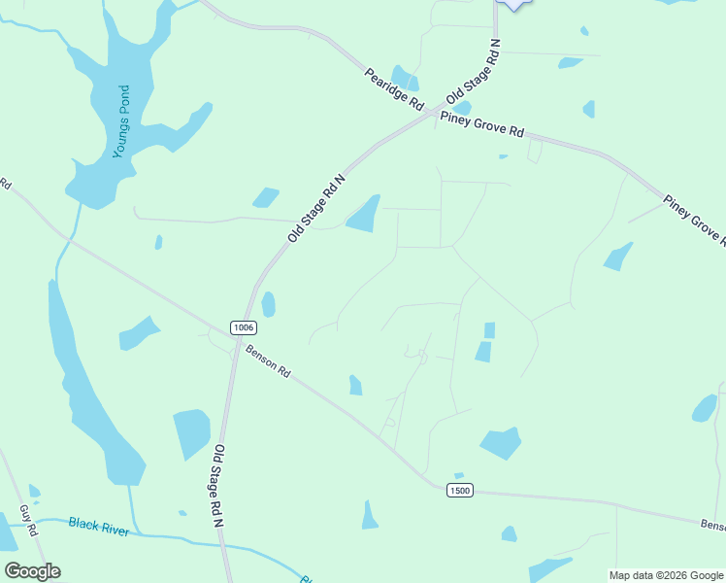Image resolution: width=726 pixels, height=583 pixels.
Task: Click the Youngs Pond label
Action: [x=120, y=121]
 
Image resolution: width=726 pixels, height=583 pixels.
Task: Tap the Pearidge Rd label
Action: [x=394, y=87]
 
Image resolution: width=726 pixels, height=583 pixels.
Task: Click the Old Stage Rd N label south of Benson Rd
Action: [x=219, y=485]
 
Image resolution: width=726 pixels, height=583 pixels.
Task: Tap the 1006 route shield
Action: [x=244, y=327]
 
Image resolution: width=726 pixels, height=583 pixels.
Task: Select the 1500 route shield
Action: [x=460, y=490]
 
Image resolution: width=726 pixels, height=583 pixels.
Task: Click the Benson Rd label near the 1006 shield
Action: [x=268, y=361]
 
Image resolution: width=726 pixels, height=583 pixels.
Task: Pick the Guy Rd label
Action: [x=28, y=521]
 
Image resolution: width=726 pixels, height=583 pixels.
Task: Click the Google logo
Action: [x=32, y=571]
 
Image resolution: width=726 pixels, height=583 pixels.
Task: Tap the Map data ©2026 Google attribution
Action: [x=666, y=575]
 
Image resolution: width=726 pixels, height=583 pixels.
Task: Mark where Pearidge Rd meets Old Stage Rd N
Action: [x=432, y=114]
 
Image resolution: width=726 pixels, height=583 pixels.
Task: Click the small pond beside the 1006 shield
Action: [x=268, y=304]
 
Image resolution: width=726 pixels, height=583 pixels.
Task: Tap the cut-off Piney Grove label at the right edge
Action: [x=693, y=219]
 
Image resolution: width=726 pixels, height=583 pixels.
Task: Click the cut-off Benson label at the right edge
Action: [x=712, y=525]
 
